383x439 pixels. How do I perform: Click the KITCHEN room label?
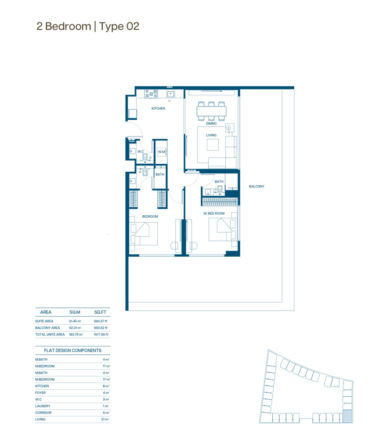[x=158, y=108]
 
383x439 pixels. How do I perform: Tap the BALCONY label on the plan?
[x=257, y=187]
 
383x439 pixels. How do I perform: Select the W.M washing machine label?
[x=162, y=152]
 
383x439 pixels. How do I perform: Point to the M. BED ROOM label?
[x=214, y=213]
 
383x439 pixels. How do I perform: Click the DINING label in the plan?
[x=211, y=123]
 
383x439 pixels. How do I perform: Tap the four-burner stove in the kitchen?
[x=151, y=94]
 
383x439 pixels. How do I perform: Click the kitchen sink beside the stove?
[x=170, y=94]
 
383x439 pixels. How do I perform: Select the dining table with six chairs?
[x=212, y=111]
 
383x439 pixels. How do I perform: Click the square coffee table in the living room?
[x=213, y=145]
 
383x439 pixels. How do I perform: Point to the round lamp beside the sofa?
[x=228, y=128]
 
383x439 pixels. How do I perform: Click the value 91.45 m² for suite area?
[x=75, y=321]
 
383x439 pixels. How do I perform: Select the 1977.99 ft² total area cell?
[x=101, y=335]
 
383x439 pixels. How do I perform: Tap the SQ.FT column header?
[x=100, y=312]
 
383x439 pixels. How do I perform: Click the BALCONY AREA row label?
[x=47, y=328]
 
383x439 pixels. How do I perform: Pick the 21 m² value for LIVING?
[x=105, y=419]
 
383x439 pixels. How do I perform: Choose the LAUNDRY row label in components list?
[x=43, y=406]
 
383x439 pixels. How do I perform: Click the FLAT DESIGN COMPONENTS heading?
[x=72, y=350]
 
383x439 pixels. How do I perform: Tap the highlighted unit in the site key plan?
[x=347, y=416]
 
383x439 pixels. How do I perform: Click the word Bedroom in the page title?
[x=68, y=26]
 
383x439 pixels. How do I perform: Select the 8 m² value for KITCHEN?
[x=106, y=386]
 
